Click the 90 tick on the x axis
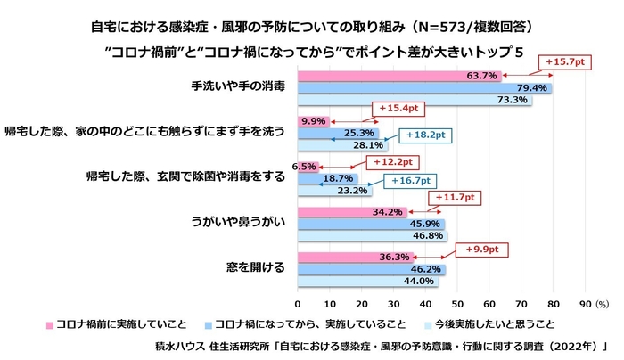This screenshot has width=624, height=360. point(585,290)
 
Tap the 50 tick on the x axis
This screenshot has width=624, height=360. point(457,290)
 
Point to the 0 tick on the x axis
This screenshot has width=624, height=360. point(298,290)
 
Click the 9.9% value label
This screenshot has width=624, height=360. point(313,120)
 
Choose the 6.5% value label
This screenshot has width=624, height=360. point(305,166)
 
